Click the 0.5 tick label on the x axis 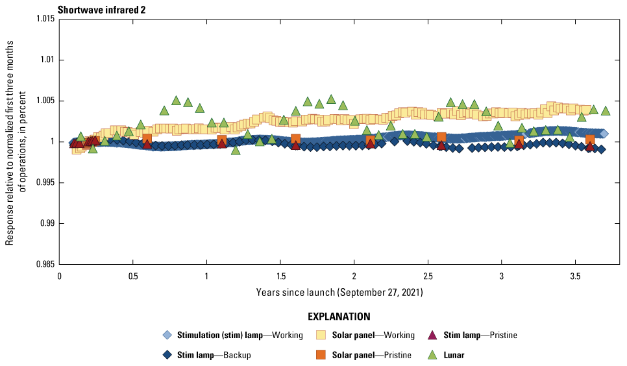pyautogui.click(x=133, y=276)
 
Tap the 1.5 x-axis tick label pyautogui.click(x=280, y=276)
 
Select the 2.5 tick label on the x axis pyautogui.click(x=428, y=276)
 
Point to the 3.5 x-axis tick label pyautogui.click(x=575, y=276)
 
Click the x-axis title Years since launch pyautogui.click(x=339, y=293)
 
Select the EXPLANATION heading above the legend pyautogui.click(x=339, y=317)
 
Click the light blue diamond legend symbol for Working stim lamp pyautogui.click(x=167, y=335)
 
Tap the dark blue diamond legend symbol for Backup pyautogui.click(x=167, y=355)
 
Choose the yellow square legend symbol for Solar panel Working pyautogui.click(x=320, y=335)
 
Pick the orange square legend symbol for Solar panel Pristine pyautogui.click(x=320, y=355)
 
